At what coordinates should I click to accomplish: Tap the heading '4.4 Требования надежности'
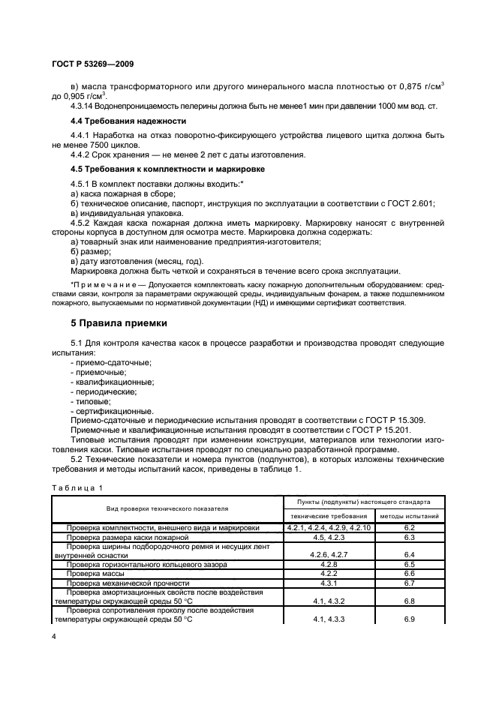[123, 120]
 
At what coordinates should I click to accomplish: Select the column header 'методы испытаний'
[409, 516]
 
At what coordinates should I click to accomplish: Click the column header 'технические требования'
[329, 516]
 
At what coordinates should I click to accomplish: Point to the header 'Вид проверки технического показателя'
[167, 508]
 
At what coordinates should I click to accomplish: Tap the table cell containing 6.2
[409, 528]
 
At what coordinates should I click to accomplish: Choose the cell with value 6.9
[409, 619]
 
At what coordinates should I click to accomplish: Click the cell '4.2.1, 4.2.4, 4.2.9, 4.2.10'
[329, 528]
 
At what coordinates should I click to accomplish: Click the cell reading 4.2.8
[329, 564]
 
